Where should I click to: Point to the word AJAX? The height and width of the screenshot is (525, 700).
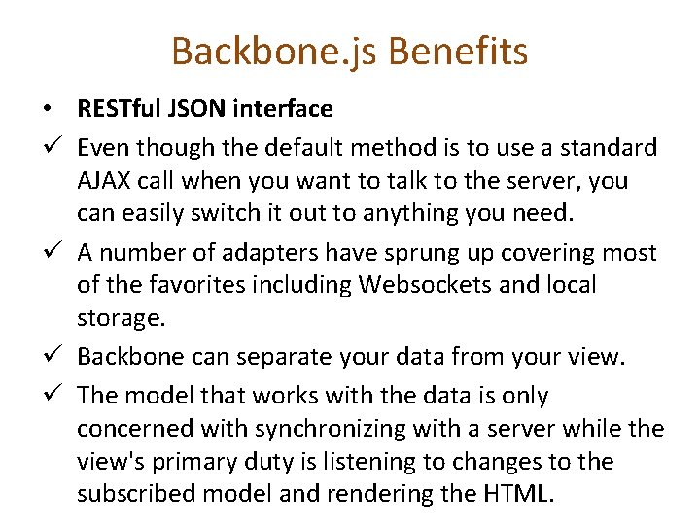click(104, 181)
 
